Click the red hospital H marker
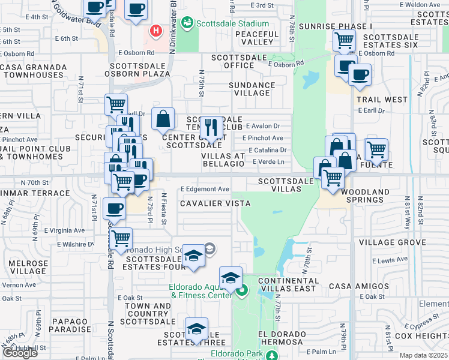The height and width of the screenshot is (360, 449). pyautogui.click(x=157, y=31)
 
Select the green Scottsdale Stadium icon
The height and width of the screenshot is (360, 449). pyautogui.click(x=188, y=23)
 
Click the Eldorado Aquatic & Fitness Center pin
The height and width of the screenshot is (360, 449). pyautogui.click(x=242, y=292)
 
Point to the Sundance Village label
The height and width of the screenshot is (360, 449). pyautogui.click(x=252, y=89)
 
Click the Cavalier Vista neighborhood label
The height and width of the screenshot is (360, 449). pyautogui.click(x=215, y=203)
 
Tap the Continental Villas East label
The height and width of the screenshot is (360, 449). pyautogui.click(x=287, y=284)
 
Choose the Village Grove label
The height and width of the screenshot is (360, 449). pyautogui.click(x=392, y=242)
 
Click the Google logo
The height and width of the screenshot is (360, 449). pyautogui.click(x=20, y=353)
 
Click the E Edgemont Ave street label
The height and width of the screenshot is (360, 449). pyautogui.click(x=205, y=189)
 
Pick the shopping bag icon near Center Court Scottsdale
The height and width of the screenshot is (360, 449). pyautogui.click(x=163, y=119)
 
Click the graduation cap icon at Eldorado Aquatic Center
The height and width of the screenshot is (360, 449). pyautogui.click(x=231, y=278)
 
